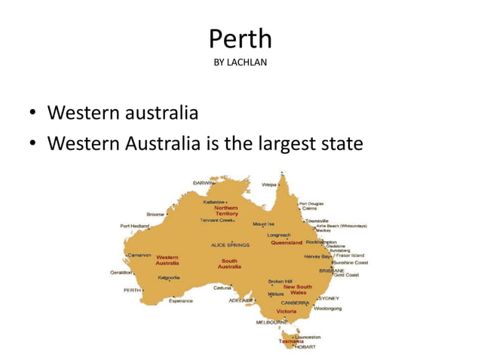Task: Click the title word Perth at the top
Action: pyautogui.click(x=240, y=38)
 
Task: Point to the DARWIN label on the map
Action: pyautogui.click(x=203, y=183)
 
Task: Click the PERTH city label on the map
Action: pyautogui.click(x=132, y=289)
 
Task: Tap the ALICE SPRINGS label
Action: pyautogui.click(x=229, y=245)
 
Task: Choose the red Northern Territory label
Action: pyautogui.click(x=226, y=211)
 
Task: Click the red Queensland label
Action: pyautogui.click(x=286, y=243)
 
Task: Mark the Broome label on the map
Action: pyautogui.click(x=155, y=214)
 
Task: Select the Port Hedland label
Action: pyautogui.click(x=134, y=225)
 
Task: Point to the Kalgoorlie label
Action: pyautogui.click(x=168, y=277)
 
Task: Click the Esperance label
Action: pyautogui.click(x=180, y=301)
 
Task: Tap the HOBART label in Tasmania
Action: pyautogui.click(x=305, y=347)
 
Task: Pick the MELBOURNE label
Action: pyautogui.click(x=271, y=322)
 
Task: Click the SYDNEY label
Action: pyautogui.click(x=329, y=297)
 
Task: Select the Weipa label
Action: pyautogui.click(x=268, y=184)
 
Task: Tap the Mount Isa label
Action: pyautogui.click(x=263, y=224)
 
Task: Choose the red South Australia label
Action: pyautogui.click(x=229, y=264)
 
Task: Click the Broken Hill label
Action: pyautogui.click(x=280, y=281)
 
